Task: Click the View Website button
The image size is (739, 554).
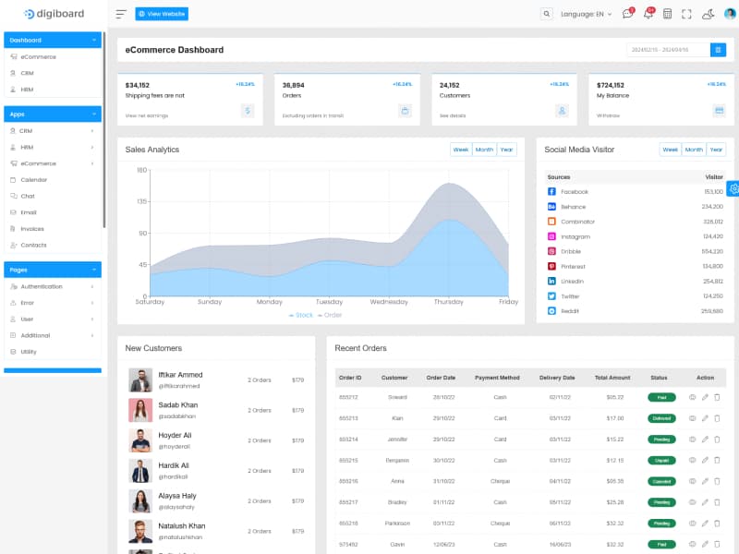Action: coord(162,14)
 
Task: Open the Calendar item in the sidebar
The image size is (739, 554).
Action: coord(34,180)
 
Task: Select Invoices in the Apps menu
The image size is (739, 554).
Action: coord(32,229)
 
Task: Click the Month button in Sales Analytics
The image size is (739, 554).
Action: coord(484,150)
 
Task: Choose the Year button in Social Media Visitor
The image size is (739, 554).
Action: coord(716,150)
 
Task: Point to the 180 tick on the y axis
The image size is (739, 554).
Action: coord(142,170)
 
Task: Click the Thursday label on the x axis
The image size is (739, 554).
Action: coord(449,302)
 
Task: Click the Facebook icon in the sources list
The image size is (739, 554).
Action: coord(551,192)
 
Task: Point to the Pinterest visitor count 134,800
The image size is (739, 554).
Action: coord(712,267)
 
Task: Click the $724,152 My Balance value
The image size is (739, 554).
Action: coord(611,85)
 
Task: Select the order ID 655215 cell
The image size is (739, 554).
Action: coord(348,460)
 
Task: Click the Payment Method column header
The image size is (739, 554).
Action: coord(497,378)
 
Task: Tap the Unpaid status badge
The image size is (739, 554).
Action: coord(661,460)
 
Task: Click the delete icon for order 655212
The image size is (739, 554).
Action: coord(717,397)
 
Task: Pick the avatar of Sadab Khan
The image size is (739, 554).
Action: coord(140,410)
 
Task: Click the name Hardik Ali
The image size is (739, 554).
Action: coord(174,465)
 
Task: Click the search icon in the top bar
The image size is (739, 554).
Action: coord(547,14)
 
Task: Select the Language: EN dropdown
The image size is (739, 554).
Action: coord(586,14)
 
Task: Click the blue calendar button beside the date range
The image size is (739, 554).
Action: coord(718,50)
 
